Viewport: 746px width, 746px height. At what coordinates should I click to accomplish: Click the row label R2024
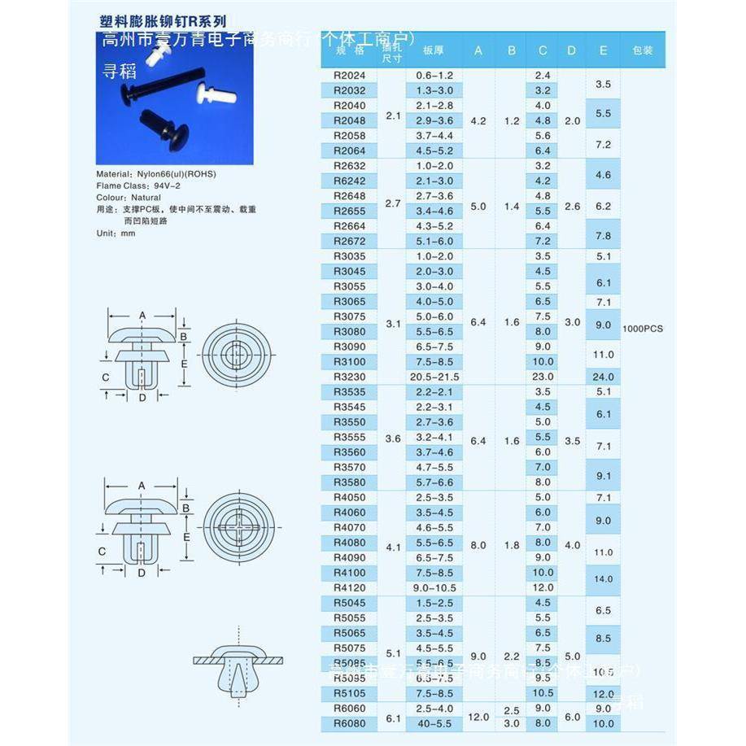350,75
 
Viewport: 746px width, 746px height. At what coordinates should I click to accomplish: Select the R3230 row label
350,377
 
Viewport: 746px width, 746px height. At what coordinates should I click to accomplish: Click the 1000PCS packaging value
643,329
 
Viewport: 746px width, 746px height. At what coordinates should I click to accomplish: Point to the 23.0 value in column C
543,377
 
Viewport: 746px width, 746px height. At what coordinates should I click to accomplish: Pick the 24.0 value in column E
603,377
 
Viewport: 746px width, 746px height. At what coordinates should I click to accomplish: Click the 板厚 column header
432,50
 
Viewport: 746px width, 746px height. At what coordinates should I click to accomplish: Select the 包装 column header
643,50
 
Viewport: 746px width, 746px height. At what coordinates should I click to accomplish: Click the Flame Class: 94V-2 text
135,185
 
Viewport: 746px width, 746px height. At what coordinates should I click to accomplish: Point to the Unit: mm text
116,233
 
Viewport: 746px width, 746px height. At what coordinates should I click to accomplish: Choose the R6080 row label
350,723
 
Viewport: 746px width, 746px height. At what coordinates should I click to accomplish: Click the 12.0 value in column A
478,717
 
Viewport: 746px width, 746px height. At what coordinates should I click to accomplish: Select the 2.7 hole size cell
393,203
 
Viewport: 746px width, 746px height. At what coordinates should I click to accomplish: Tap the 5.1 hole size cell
393,652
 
